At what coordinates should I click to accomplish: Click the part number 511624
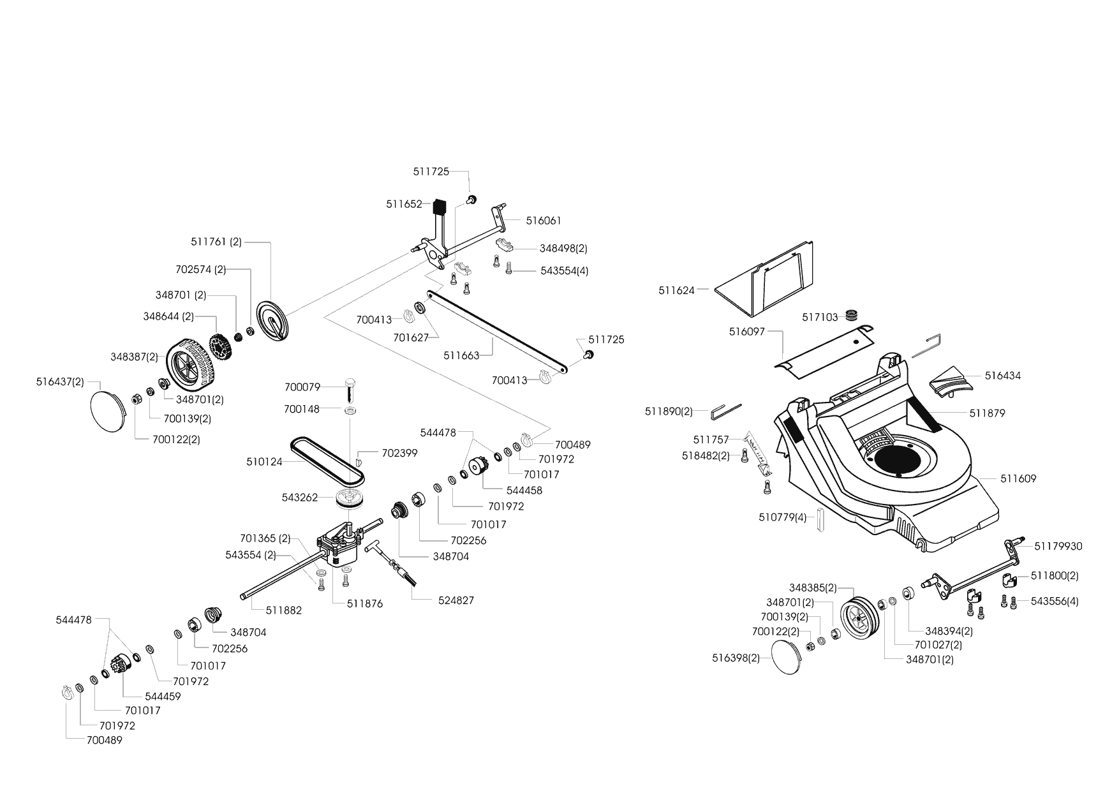click(x=676, y=290)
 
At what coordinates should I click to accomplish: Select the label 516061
click(x=544, y=221)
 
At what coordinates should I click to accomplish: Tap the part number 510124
click(x=264, y=461)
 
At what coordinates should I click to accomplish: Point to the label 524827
click(x=456, y=600)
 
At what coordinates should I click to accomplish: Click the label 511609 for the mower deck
click(x=1018, y=478)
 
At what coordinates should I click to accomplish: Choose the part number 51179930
click(x=1058, y=546)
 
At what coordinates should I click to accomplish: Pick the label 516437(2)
click(x=60, y=381)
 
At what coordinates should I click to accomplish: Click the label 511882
click(x=284, y=610)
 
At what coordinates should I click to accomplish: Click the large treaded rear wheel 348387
click(x=189, y=365)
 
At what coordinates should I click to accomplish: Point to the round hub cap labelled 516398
click(x=789, y=657)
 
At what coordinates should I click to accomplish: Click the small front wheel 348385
click(x=857, y=617)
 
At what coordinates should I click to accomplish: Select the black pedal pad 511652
click(x=438, y=207)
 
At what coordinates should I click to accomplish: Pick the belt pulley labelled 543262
click(x=348, y=498)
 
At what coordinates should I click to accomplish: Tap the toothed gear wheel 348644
click(x=219, y=346)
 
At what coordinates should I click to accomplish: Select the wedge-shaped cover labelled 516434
click(x=951, y=381)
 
